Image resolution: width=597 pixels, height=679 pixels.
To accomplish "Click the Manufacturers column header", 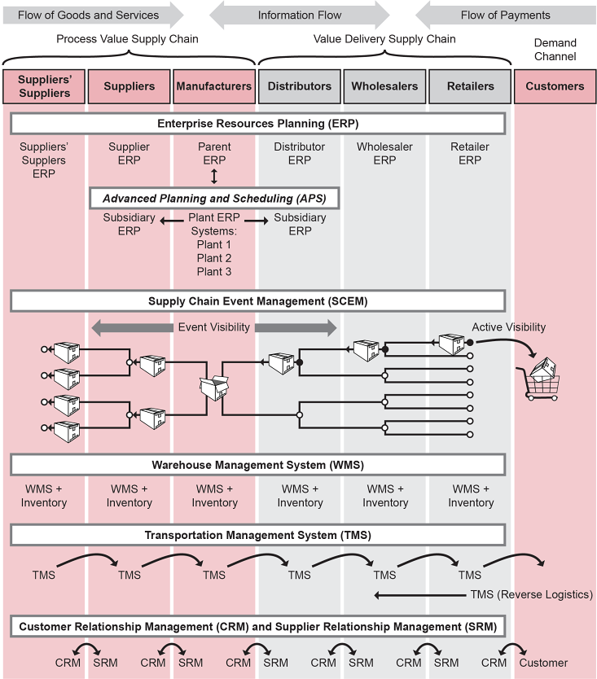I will [214, 86].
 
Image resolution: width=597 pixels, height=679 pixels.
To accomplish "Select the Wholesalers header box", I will [385, 86].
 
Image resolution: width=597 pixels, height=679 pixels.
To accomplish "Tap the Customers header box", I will [555, 86].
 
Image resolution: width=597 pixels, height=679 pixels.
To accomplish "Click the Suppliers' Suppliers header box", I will [44, 86].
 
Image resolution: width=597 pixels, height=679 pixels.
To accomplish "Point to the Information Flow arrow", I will [299, 15].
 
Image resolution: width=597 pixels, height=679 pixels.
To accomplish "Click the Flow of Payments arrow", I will [505, 15].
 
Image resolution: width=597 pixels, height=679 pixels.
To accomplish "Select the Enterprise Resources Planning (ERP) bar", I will [257, 124].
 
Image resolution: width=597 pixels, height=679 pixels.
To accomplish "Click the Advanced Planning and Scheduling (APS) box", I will [214, 199].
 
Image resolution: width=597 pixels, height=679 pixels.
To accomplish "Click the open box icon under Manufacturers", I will [214, 388].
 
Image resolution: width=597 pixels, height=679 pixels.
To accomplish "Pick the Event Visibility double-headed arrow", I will [214, 327].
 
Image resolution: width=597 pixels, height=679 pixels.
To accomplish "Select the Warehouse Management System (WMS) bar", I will [257, 465].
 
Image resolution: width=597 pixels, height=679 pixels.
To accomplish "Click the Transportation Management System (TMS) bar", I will [257, 535].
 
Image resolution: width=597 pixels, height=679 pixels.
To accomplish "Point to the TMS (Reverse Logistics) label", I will [531, 594].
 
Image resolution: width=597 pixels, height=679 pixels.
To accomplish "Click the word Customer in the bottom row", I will [543, 663].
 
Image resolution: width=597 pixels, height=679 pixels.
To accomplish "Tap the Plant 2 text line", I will [214, 258].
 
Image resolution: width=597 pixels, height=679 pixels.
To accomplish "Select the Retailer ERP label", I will [470, 154].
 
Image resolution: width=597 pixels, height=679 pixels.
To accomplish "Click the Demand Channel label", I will [555, 50].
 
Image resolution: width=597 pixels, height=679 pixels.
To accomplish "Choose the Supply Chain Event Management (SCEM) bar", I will [257, 301].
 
